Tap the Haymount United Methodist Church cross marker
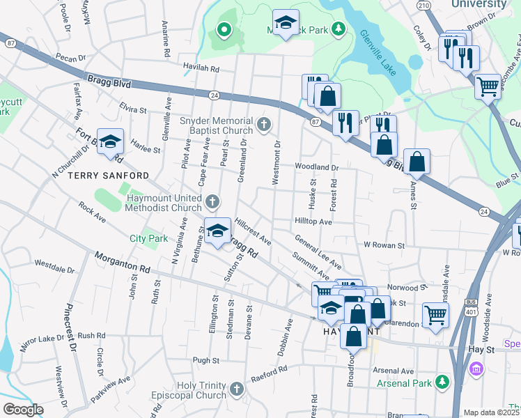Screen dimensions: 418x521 point(213,203)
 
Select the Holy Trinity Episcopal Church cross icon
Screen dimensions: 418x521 point(238,388)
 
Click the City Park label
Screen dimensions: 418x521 point(149,238)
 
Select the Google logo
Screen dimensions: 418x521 point(23,410)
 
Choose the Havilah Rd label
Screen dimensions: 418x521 point(201,69)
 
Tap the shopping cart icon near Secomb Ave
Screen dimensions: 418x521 point(488,87)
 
